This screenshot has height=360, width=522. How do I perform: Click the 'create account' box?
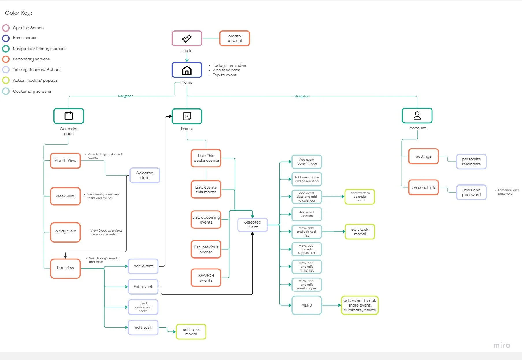coord(234,38)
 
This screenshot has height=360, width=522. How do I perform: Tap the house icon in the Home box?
coord(187,70)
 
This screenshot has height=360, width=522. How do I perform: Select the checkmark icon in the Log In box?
coord(187,38)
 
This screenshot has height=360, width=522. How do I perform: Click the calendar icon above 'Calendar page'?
coord(69,116)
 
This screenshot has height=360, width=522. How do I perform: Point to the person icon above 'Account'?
coord(417,116)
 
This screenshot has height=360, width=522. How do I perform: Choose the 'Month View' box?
coord(65,161)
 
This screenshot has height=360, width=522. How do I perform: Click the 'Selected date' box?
coord(145,176)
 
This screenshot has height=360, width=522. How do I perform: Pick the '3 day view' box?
coord(65,231)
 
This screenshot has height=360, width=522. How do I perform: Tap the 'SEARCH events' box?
coord(206,278)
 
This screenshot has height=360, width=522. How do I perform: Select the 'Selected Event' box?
coord(253,225)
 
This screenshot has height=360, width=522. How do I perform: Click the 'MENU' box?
coord(307,305)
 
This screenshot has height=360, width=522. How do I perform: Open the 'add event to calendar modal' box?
coord(360,197)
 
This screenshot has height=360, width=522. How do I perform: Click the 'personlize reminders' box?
coord(471,162)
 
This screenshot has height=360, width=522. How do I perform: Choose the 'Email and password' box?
coord(471,192)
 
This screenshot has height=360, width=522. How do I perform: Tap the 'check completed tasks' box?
coord(143,307)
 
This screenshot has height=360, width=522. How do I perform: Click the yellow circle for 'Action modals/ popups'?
coord(6,80)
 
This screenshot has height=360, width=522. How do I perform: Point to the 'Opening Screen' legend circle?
coord(6,28)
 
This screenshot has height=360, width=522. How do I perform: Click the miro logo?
coord(501,345)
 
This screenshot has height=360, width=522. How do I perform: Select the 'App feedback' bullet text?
coord(226,70)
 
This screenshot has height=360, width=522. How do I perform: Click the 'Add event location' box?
coord(307,214)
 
